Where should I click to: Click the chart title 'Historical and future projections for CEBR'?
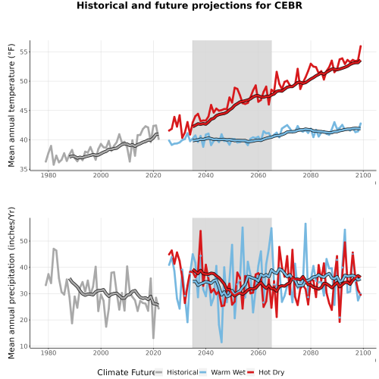[189, 5]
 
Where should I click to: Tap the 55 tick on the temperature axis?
[24, 52]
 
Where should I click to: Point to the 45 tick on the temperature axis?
[24, 111]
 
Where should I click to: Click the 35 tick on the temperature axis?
[24, 169]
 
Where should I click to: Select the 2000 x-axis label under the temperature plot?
[101, 175]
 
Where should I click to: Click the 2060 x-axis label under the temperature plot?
[258, 175]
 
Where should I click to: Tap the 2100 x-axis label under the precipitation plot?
[363, 352]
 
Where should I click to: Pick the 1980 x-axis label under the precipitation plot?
[49, 352]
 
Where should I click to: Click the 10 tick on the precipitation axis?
[24, 346]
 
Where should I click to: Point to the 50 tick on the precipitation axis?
[24, 241]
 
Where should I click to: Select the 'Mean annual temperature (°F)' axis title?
[11, 105]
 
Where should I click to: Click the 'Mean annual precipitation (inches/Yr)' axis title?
[11, 283]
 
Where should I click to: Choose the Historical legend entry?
[177, 372]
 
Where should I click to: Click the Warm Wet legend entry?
[222, 372]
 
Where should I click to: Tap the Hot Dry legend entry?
[265, 372]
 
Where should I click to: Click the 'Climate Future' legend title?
[126, 372]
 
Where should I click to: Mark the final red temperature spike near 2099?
[361, 46]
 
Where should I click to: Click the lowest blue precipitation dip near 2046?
[221, 342]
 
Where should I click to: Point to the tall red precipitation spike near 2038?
[201, 231]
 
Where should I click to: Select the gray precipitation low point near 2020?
[153, 338]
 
